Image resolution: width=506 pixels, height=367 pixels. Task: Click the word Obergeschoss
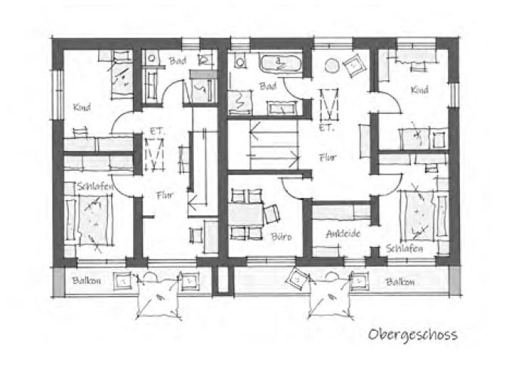[413, 335]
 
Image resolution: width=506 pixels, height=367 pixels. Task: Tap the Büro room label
[282, 237]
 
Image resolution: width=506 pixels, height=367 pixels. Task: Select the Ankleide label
[343, 233]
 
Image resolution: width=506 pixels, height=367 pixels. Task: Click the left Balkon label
[87, 280]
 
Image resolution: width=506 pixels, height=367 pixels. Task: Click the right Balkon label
[400, 282]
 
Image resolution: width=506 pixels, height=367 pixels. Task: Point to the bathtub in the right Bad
[279, 63]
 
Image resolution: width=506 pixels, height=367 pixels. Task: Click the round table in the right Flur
[332, 66]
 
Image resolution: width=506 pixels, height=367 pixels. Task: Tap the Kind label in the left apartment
[82, 107]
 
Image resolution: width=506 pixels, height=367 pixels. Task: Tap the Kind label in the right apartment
[419, 90]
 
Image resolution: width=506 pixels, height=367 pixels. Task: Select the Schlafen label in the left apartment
[95, 187]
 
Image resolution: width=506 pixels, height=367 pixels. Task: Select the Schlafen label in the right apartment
[404, 248]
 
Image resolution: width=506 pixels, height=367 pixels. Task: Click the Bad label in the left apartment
[177, 60]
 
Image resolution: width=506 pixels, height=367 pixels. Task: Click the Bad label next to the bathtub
[268, 86]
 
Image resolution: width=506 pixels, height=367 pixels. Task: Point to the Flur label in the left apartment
[165, 195]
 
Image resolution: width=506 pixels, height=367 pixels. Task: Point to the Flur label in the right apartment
[328, 158]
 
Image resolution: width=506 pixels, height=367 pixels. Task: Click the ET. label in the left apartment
[157, 131]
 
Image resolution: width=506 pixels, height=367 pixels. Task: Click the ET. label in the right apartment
[326, 128]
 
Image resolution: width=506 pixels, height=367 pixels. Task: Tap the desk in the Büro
[246, 214]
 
